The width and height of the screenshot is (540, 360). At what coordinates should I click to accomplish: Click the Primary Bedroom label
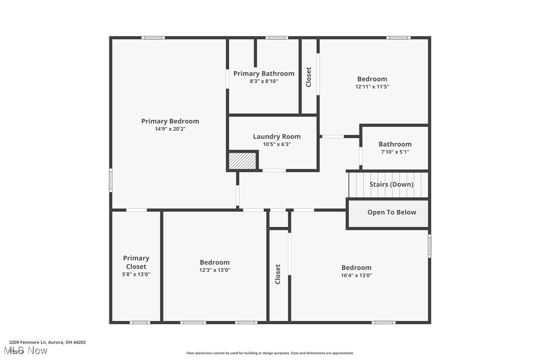170,121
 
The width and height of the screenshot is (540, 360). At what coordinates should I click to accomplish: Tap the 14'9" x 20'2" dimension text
170,129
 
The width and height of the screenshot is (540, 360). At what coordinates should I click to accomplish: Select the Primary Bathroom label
264,74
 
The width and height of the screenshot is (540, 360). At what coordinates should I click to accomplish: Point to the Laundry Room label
276,137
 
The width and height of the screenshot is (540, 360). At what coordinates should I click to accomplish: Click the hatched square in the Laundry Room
242,161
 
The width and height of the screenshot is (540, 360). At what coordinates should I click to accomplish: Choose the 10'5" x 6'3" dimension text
276,145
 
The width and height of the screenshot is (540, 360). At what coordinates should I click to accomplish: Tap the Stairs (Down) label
391,184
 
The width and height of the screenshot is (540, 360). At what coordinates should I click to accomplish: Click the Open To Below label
392,212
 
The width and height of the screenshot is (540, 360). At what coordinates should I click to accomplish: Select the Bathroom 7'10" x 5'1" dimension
395,152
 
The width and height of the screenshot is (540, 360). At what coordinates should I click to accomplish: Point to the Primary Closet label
136,262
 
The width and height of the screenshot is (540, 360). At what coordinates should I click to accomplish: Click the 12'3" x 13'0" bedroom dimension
215,270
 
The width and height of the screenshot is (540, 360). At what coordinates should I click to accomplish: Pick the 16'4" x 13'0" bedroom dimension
356,275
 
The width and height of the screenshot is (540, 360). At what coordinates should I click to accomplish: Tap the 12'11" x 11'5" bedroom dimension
372,87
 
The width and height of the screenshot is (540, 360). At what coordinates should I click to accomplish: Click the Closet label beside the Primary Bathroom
309,77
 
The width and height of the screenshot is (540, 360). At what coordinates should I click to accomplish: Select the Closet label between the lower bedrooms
278,274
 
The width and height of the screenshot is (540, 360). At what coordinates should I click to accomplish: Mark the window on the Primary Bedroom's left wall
111,180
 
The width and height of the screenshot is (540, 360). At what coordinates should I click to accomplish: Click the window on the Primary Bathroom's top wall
276,38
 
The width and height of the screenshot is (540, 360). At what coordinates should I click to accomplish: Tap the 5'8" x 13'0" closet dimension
136,274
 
